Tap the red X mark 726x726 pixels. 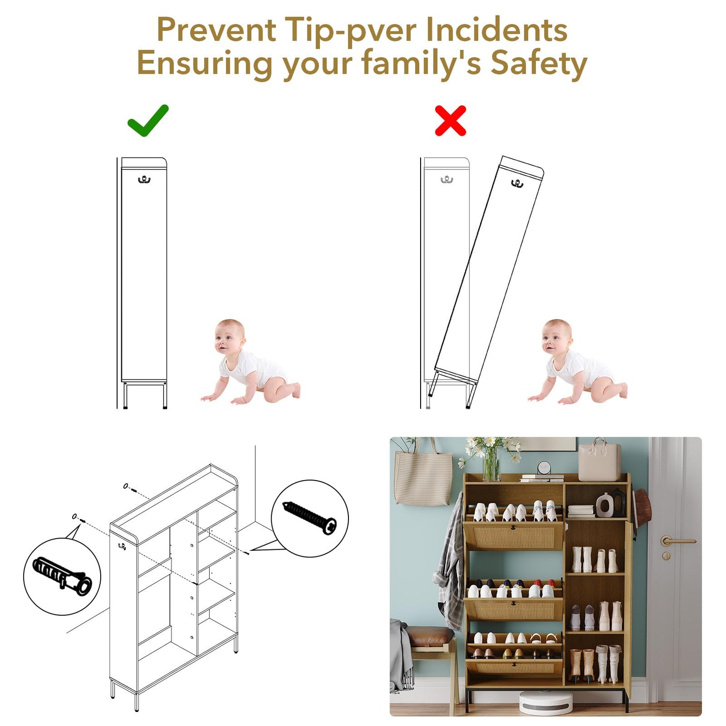(x=450, y=121)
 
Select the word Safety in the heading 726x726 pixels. (x=539, y=63)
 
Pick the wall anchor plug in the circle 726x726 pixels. (x=62, y=574)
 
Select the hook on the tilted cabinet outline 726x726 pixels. (x=517, y=183)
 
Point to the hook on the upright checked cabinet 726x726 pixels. (x=144, y=180)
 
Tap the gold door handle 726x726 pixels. (x=676, y=541)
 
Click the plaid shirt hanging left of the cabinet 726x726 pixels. (x=448, y=561)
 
